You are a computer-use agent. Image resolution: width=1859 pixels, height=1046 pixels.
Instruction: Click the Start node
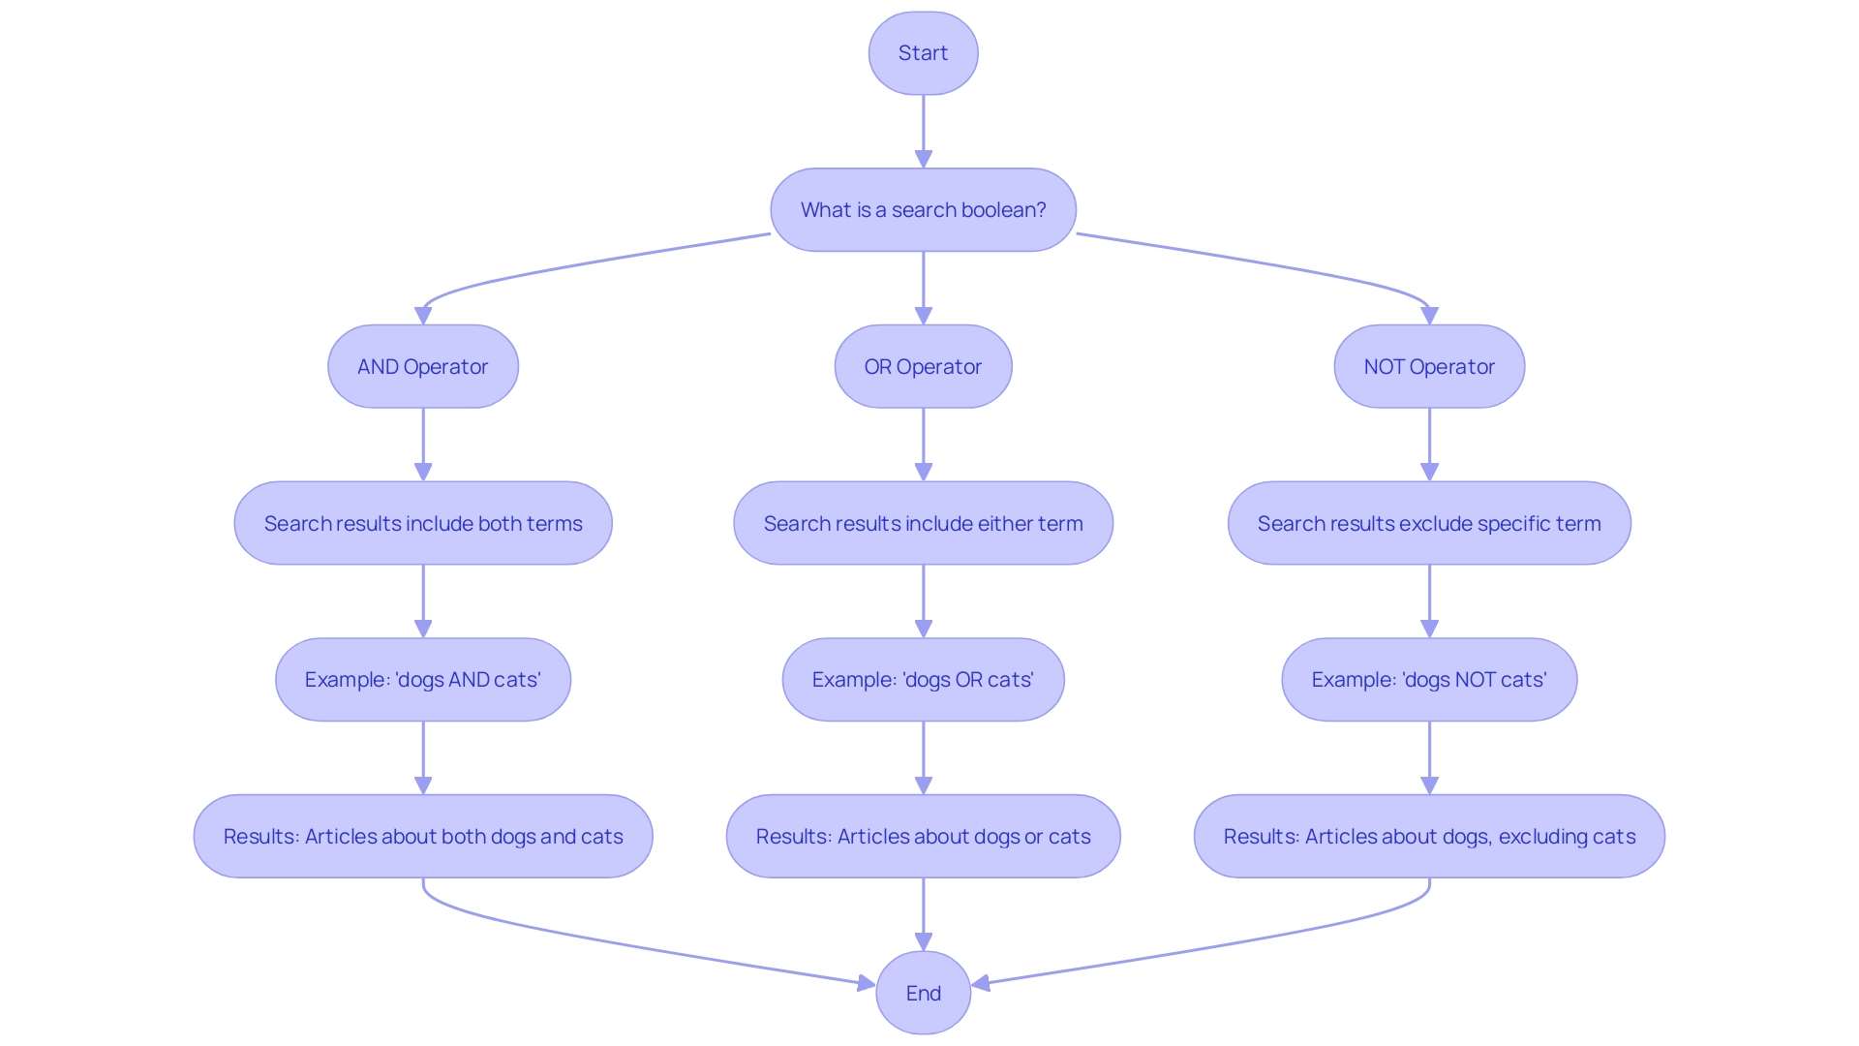(923, 53)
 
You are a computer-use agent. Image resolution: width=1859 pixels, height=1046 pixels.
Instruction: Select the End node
(923, 993)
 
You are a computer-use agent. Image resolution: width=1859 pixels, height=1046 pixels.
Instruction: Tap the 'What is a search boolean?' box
(923, 210)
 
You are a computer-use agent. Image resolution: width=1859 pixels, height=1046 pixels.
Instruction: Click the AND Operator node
(423, 367)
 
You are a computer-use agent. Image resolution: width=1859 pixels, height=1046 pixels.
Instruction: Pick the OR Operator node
(923, 367)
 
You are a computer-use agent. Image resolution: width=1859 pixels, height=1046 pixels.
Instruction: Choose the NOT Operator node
(1429, 367)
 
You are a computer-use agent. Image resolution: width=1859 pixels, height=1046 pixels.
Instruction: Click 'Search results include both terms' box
(423, 524)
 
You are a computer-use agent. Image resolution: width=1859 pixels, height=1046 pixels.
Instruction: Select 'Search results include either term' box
(923, 524)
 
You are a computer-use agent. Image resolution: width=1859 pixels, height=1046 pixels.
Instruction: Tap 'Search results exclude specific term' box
(1429, 524)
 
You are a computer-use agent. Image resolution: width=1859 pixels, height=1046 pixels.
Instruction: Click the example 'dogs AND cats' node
(423, 680)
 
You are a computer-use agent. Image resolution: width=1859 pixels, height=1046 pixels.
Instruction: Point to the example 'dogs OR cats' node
(923, 680)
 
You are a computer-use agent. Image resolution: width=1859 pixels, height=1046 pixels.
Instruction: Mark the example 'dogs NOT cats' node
(1429, 680)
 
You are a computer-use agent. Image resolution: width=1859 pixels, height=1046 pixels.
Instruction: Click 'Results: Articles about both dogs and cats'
(423, 837)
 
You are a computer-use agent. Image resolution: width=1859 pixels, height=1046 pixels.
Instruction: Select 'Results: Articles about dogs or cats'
(923, 837)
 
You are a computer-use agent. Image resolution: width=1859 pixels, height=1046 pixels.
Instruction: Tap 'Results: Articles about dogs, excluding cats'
(1429, 837)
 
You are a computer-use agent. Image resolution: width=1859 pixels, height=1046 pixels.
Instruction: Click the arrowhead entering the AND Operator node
(423, 316)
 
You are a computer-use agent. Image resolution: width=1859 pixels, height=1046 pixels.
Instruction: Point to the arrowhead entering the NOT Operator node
(1429, 316)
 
